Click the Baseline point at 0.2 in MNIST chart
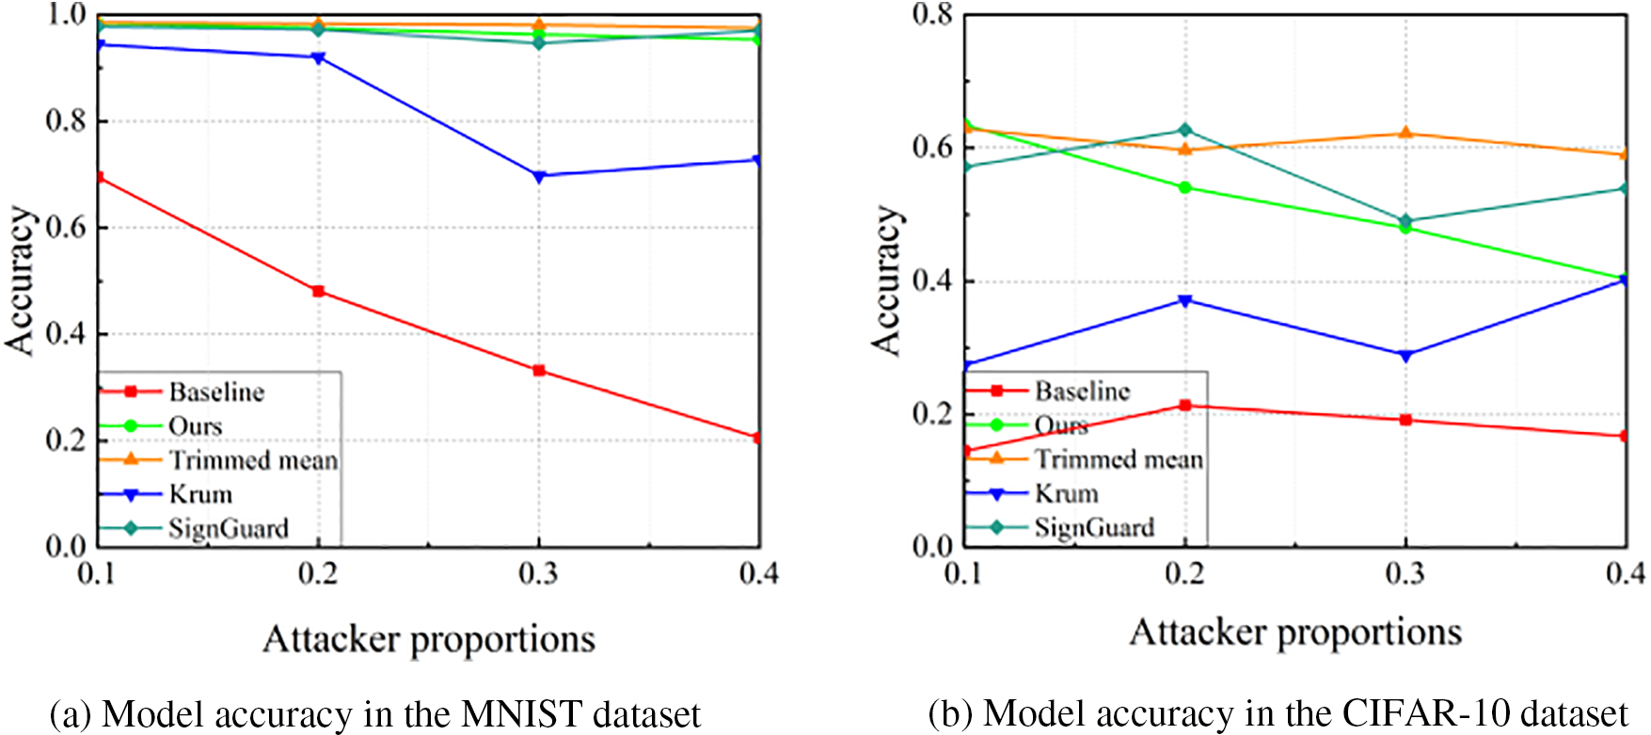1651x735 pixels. pos(318,292)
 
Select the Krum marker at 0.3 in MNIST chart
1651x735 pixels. pos(539,176)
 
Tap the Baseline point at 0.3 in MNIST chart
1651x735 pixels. pos(539,371)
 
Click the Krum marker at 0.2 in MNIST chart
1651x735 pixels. pos(318,58)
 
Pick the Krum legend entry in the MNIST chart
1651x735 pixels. pos(200,494)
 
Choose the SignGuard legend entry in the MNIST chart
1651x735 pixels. pos(229,529)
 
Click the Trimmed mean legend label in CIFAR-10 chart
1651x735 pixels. pos(1119,459)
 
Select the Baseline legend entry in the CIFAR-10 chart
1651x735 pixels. pos(1082,391)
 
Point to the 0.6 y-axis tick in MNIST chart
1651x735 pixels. pos(66,228)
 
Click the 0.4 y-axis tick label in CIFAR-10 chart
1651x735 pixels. pos(932,281)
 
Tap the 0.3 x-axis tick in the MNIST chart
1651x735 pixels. pos(539,573)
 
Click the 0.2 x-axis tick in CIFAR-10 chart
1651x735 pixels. pos(1185,573)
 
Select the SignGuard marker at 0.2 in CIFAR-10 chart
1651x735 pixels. pos(1185,130)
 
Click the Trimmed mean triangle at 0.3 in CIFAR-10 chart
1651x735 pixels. pos(1405,134)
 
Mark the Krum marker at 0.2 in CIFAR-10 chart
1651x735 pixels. pos(1185,301)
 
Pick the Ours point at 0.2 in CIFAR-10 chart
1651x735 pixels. pos(1185,187)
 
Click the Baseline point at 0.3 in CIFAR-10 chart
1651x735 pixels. pos(1405,420)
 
